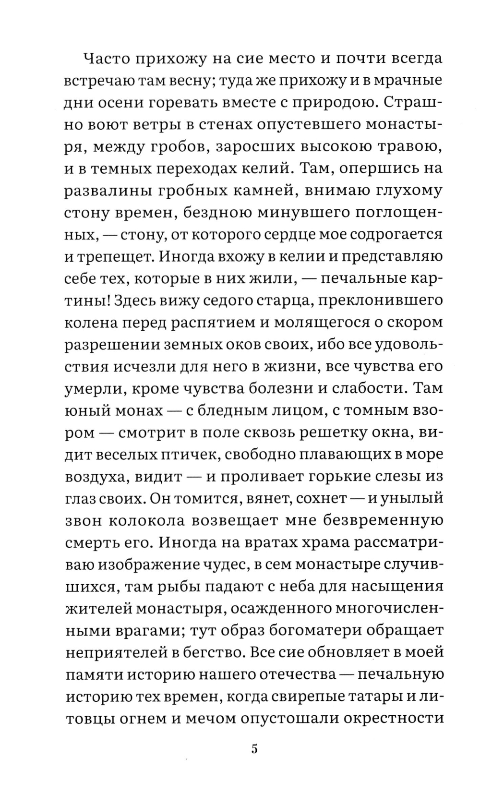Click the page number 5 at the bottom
coord(254,749)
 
